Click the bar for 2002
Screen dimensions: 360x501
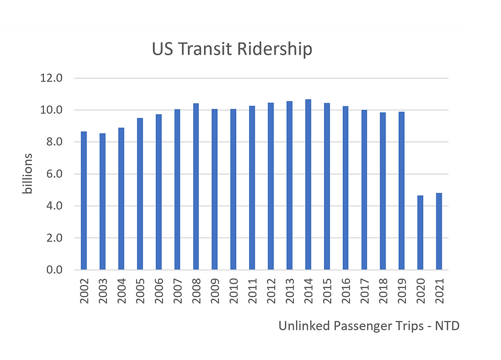coord(84,200)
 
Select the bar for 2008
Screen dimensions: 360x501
coord(196,187)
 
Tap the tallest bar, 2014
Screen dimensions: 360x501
coord(308,185)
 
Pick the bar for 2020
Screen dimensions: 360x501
coord(420,233)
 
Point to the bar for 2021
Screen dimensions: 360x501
coord(439,231)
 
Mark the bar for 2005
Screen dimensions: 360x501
coord(140,194)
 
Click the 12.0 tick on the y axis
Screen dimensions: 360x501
coord(53,78)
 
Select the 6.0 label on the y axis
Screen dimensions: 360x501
coord(53,174)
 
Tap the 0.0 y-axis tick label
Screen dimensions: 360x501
coord(53,270)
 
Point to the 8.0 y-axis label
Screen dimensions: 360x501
coord(53,142)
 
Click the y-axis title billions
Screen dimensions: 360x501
coord(28,173)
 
